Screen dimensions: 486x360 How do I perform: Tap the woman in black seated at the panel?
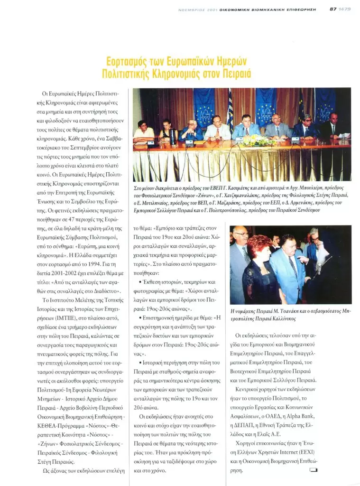point(166,131)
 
